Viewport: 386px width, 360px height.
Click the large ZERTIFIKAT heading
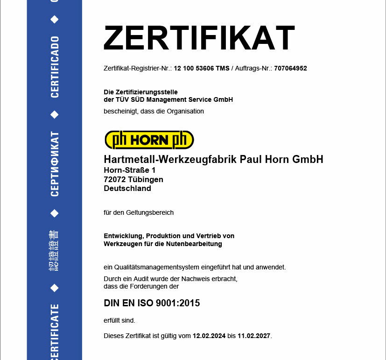pos(199,38)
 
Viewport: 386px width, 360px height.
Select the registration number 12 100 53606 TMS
pos(201,68)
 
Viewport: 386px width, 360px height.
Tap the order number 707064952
pos(290,68)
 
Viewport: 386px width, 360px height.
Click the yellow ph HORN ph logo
pos(149,140)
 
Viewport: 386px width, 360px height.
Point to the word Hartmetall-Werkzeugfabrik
pos(170,160)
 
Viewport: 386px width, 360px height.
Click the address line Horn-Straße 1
pos(129,170)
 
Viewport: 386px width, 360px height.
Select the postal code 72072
pos(114,179)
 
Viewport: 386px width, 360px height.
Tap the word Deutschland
pos(127,189)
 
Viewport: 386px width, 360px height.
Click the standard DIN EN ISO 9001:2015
pos(152,303)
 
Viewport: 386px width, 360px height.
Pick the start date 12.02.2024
pos(209,336)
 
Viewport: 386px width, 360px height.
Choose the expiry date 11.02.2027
pos(254,336)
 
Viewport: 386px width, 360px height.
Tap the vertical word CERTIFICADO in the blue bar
pos(55,67)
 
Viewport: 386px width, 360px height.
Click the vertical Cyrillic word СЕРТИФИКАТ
pos(55,164)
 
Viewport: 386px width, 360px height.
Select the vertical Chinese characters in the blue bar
pos(55,251)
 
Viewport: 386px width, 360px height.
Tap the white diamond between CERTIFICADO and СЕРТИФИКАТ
pos(55,114)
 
